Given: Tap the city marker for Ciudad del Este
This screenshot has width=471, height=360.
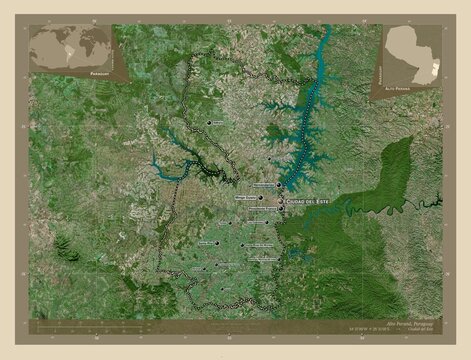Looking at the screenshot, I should [x=280, y=201].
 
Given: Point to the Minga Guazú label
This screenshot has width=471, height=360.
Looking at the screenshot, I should [x=246, y=198].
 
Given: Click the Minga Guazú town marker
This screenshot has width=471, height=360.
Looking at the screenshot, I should [x=261, y=198].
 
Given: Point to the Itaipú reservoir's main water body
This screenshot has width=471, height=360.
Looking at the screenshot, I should [x=300, y=150].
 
